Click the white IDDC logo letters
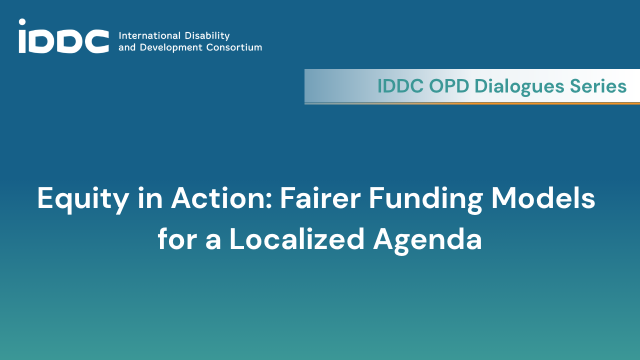click(63, 36)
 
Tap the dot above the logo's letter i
click(22, 22)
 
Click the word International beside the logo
click(149, 35)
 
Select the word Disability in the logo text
click(207, 36)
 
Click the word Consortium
click(234, 47)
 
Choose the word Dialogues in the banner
click(519, 86)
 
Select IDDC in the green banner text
click(400, 85)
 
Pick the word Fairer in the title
click(320, 197)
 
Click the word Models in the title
click(543, 197)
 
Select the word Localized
click(297, 238)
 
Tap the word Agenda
click(427, 240)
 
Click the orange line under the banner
click(472, 103)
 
